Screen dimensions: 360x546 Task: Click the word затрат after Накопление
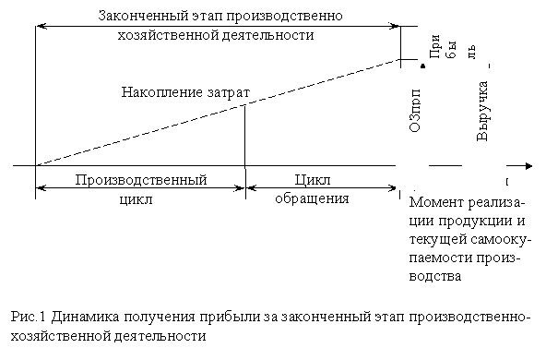pyautogui.click(x=226, y=92)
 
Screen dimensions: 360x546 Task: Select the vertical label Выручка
pyautogui.click(x=481, y=111)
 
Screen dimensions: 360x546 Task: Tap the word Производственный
pyautogui.click(x=140, y=179)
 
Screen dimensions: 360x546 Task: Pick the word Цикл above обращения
pyautogui.click(x=314, y=179)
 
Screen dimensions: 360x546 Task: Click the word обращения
pyautogui.click(x=314, y=198)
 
